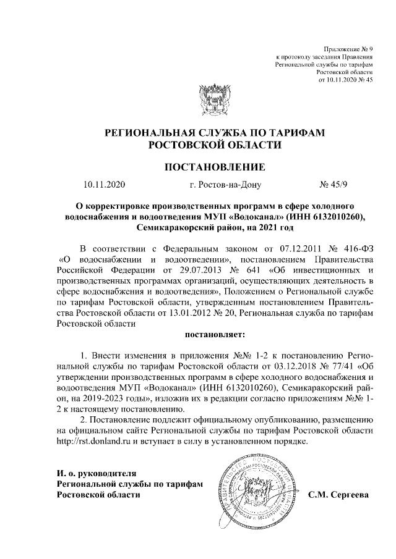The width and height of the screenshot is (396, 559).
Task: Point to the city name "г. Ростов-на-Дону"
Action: pyautogui.click(x=226, y=184)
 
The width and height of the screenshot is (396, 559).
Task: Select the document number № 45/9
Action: pyautogui.click(x=335, y=184)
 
